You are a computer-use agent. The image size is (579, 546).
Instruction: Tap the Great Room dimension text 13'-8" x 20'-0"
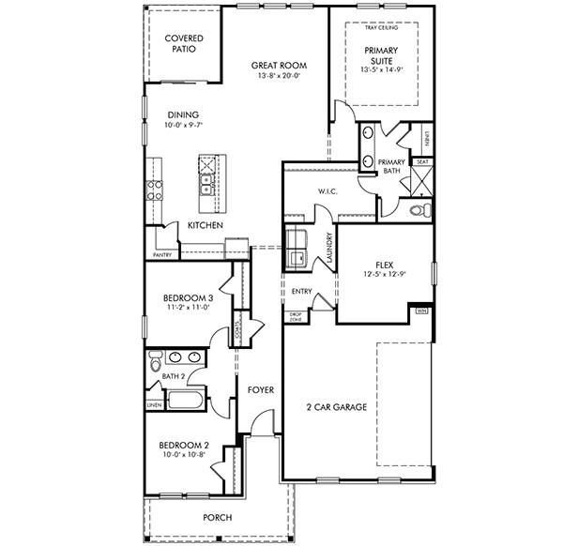[x=280, y=76]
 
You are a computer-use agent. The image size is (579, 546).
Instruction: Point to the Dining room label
[x=183, y=114]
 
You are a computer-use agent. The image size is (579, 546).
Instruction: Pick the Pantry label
[x=161, y=254]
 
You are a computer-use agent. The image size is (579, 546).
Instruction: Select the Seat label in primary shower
[x=422, y=161]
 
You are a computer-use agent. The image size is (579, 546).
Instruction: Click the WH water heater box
[x=420, y=310]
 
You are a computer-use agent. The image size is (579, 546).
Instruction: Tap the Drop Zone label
[x=295, y=316]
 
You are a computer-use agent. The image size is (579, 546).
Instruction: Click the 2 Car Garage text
[x=336, y=407]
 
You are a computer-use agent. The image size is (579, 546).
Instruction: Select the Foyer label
[x=260, y=389]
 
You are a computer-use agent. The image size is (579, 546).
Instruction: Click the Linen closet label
[x=153, y=405]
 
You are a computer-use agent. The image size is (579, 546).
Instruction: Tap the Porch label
[x=218, y=518]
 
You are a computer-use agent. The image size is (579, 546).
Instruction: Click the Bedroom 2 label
[x=183, y=445]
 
